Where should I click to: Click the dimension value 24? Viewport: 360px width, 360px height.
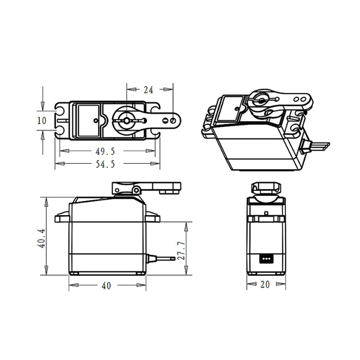(148, 90)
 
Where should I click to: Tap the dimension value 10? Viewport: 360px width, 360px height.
(42, 121)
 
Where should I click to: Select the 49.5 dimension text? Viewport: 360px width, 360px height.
(105, 151)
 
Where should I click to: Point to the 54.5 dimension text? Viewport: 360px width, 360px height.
(105, 164)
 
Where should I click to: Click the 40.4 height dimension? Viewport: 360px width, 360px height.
(41, 238)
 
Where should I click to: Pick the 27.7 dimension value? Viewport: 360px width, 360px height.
(181, 251)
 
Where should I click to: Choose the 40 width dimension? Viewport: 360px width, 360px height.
(106, 286)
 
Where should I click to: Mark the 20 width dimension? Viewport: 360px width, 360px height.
(265, 285)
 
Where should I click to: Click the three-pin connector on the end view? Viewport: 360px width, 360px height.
(266, 258)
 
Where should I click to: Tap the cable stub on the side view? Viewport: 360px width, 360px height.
(161, 258)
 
